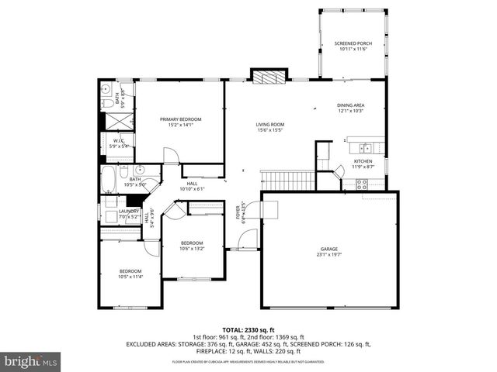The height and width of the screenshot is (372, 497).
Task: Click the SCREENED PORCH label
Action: click(353, 43)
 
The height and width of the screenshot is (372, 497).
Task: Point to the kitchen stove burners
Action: click(361, 184)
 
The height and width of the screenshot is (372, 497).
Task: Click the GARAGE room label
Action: click(328, 249)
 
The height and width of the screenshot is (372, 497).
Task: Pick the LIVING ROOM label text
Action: click(270, 124)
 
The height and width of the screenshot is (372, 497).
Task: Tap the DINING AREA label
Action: click(350, 105)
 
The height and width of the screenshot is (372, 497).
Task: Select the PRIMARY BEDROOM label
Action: click(180, 119)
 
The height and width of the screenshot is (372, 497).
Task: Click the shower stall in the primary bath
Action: click(116, 121)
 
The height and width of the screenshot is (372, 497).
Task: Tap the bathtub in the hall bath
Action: click(108, 179)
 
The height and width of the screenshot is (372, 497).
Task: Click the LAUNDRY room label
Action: click(130, 211)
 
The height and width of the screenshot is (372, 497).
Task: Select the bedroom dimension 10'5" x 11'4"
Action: click(130, 277)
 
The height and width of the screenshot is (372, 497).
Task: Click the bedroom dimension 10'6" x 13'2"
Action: click(191, 249)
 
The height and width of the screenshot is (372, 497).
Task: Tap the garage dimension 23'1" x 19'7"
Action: click(328, 254)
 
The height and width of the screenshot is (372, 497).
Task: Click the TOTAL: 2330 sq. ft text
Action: click(248, 329)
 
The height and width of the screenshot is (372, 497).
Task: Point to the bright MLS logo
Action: click(31, 362)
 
